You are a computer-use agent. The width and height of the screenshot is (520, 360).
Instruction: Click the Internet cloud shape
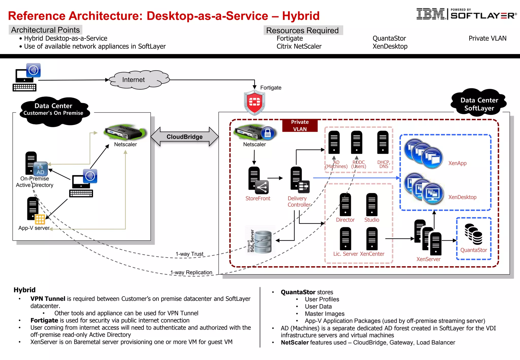pyautogui.click(x=139, y=80)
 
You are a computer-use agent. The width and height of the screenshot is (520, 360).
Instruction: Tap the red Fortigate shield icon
pyautogui.click(x=254, y=102)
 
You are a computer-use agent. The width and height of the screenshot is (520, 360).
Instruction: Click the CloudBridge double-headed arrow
pyautogui.click(x=185, y=137)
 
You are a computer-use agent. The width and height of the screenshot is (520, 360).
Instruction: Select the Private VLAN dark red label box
pyautogui.click(x=300, y=125)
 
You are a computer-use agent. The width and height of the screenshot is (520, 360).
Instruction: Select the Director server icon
pyautogui.click(x=345, y=205)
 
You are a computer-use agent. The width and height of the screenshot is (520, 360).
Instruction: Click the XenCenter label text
pyautogui.click(x=372, y=254)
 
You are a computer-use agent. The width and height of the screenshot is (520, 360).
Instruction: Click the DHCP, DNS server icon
pyautogui.click(x=383, y=142)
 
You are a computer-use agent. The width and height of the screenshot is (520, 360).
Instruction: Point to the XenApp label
pyautogui.click(x=457, y=163)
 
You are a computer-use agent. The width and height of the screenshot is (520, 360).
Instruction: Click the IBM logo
pyautogui.click(x=430, y=14)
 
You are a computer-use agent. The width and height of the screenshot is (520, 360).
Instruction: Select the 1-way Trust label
pyautogui.click(x=189, y=254)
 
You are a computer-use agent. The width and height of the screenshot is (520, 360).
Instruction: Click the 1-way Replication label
pyautogui.click(x=191, y=272)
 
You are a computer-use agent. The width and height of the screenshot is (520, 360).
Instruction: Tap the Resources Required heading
pyautogui.click(x=302, y=30)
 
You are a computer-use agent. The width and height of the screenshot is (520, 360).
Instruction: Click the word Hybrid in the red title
pyautogui.click(x=301, y=16)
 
